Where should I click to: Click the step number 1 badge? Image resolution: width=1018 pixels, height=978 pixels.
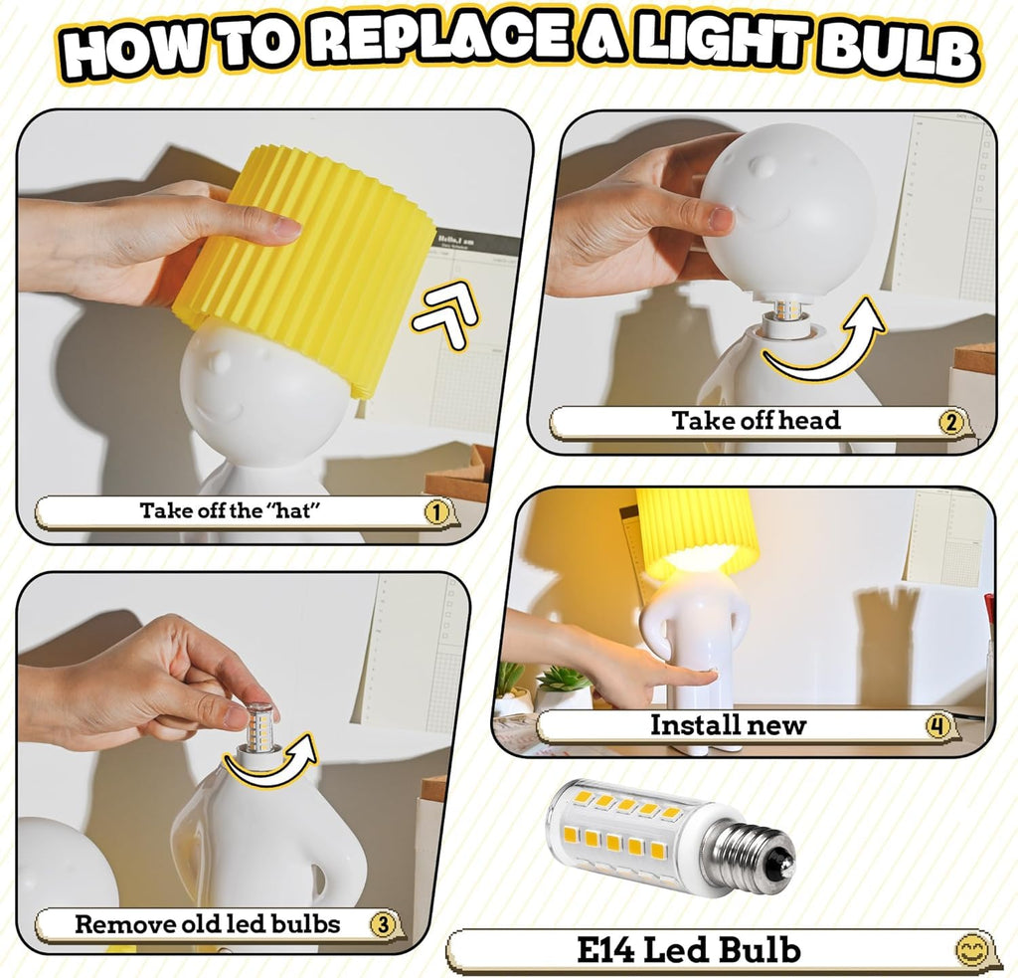436,512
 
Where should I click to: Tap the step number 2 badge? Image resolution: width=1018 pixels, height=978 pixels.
950,423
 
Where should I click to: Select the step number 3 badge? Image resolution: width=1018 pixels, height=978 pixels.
383,923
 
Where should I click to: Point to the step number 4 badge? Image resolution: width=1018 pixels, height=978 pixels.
936,725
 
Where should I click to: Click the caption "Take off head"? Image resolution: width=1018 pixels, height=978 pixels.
756,421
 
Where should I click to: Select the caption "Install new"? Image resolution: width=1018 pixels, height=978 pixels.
728,724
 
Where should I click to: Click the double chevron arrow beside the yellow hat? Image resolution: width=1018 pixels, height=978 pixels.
446,315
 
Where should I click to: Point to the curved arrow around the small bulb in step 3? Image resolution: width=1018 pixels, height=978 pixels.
271,764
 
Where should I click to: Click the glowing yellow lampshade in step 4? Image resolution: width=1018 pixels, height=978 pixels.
697,526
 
